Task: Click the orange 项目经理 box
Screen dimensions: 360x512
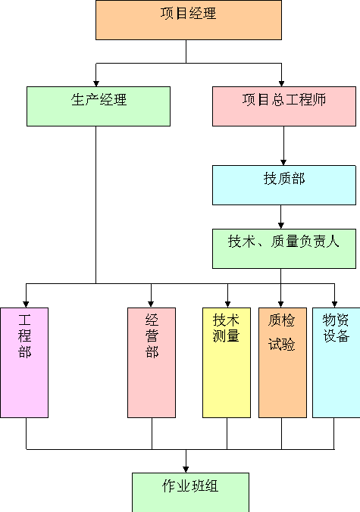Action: [x=189, y=20]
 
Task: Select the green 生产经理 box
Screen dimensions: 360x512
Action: [x=99, y=106]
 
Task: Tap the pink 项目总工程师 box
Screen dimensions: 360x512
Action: [x=284, y=106]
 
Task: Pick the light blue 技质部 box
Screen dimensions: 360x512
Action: [x=284, y=185]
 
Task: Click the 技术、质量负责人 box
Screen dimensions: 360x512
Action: [x=284, y=249]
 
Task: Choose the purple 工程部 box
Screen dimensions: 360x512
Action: [x=24, y=363]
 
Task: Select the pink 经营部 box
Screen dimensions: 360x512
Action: [x=152, y=363]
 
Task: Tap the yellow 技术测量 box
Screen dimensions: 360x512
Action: [x=227, y=363]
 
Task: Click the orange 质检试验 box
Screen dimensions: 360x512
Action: [x=283, y=363]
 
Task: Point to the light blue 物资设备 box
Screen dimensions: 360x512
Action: [x=337, y=363]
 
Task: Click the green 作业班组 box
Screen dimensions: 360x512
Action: [x=190, y=492]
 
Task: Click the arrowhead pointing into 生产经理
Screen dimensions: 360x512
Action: [x=96, y=83]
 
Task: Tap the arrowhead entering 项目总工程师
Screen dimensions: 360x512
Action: [x=281, y=83]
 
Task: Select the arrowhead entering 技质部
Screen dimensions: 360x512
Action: [x=283, y=162]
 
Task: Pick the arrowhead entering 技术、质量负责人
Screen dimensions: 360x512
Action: [x=280, y=226]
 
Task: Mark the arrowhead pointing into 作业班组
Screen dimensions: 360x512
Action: [x=186, y=470]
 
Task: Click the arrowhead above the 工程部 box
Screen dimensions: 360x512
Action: [x=26, y=304]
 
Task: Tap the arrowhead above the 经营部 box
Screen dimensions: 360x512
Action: [x=151, y=304]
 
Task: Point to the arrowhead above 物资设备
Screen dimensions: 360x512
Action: [x=334, y=304]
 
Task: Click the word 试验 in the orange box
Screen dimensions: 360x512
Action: [x=282, y=345]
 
